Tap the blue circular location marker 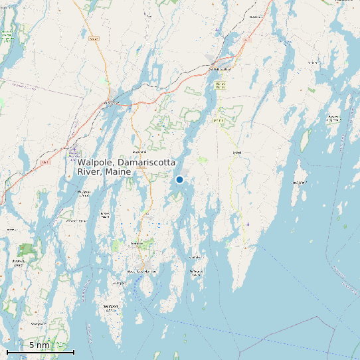click(179, 179)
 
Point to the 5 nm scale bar click(40, 350)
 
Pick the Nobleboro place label click(256, 16)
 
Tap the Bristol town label click(236, 152)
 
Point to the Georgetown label click(39, 323)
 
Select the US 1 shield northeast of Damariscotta click(247, 40)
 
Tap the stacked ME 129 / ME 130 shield click(221, 84)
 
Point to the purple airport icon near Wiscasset click(72, 151)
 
